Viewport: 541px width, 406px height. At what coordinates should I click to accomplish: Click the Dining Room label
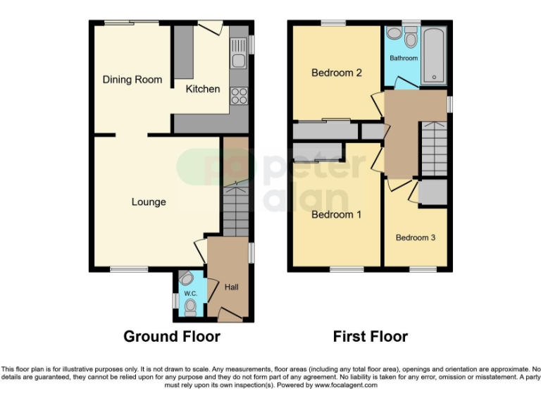tap(132, 80)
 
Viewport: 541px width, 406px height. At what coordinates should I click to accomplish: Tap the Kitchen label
tap(203, 89)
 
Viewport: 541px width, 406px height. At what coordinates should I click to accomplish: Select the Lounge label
tap(149, 202)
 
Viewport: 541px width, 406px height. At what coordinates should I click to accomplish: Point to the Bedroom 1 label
tap(336, 214)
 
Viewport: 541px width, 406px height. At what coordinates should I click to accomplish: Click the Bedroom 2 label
tap(337, 73)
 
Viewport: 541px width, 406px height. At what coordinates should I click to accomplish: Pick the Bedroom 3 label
tap(415, 238)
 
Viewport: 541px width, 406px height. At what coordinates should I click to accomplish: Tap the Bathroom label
tap(404, 59)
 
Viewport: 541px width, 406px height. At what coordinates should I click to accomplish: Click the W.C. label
tap(189, 293)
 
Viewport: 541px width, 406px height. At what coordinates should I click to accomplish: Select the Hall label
tap(231, 288)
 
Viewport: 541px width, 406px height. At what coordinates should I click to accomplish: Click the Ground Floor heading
tap(172, 336)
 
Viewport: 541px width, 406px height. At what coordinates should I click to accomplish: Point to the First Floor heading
tap(370, 336)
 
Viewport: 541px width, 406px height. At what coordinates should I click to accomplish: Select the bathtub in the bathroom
tap(433, 56)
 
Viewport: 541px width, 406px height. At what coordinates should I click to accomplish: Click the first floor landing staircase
tap(433, 149)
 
